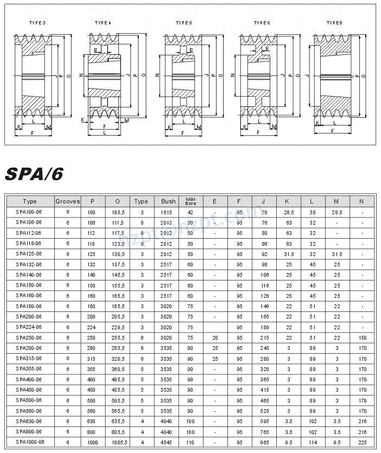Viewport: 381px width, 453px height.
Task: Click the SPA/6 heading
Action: point(34,174)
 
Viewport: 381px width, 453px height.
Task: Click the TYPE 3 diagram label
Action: point(37,22)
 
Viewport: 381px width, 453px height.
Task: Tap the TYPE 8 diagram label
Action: point(334,22)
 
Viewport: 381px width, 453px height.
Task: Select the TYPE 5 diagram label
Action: point(183,22)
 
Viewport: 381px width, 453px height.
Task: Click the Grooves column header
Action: point(68,201)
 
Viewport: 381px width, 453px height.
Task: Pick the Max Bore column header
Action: point(190,201)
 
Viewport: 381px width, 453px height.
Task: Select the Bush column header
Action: point(166,201)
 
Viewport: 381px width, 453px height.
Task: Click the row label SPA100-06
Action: point(29,212)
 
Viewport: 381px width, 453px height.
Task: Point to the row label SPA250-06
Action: point(29,337)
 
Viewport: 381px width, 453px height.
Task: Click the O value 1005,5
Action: point(117,443)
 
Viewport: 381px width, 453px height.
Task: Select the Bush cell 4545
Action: point(166,443)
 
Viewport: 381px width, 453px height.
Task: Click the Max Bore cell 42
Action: point(190,212)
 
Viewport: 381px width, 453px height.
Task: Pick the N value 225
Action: point(362,443)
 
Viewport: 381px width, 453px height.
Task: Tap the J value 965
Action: point(264,443)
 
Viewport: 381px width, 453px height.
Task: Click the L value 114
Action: point(312,443)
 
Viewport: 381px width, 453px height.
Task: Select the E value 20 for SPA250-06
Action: point(215,337)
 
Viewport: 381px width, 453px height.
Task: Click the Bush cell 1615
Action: point(166,212)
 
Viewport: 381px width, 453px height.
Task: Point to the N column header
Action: point(362,201)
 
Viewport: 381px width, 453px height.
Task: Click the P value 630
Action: point(91,422)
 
